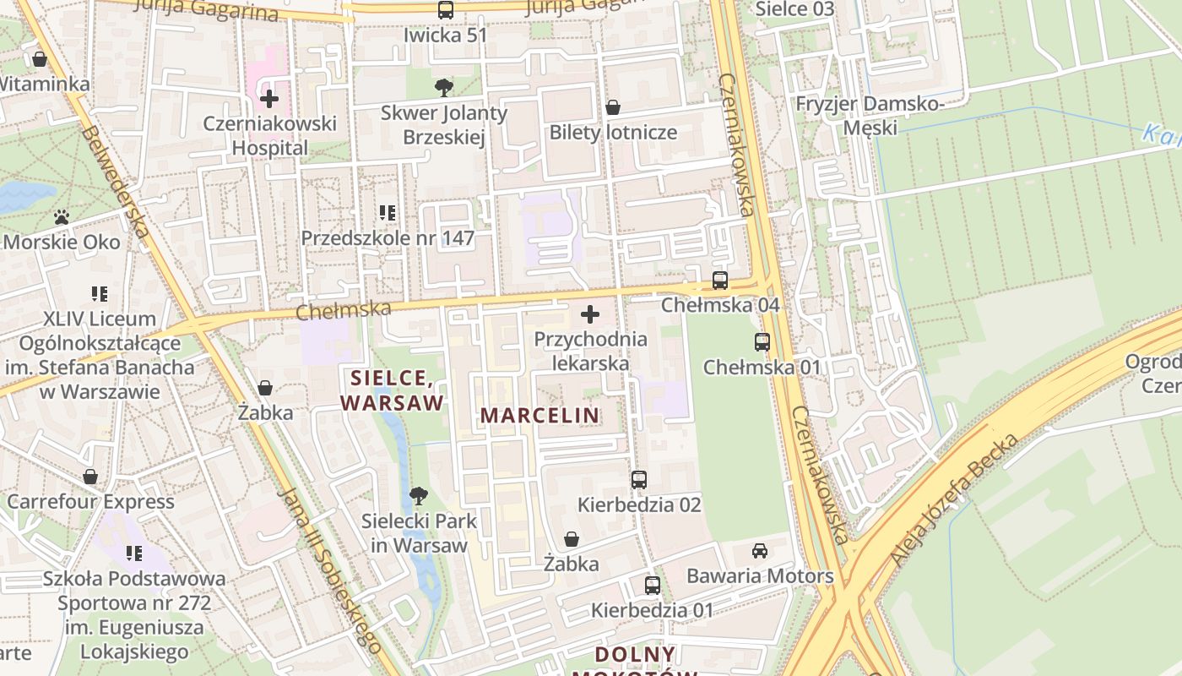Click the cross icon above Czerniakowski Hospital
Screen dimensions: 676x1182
click(x=269, y=99)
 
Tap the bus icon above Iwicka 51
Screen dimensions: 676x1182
click(x=445, y=10)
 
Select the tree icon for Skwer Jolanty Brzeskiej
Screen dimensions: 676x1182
click(x=443, y=87)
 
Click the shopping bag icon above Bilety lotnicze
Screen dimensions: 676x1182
click(x=613, y=107)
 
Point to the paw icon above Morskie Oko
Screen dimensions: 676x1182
click(x=61, y=217)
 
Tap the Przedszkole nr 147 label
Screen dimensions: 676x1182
click(x=388, y=238)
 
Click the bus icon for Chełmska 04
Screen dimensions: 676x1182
click(x=719, y=281)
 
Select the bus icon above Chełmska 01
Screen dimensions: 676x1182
click(x=762, y=342)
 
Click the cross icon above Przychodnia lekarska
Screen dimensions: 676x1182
click(x=590, y=315)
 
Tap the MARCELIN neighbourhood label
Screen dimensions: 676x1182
click(x=539, y=415)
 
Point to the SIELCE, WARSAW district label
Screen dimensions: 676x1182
click(x=392, y=389)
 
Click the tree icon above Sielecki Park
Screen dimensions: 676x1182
click(x=418, y=496)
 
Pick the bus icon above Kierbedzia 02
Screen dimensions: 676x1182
click(x=639, y=480)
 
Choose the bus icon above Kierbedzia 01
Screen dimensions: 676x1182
click(x=652, y=586)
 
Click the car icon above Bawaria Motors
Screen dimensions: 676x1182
click(x=760, y=551)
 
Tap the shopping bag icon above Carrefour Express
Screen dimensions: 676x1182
click(x=90, y=477)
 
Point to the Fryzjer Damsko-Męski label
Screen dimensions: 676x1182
click(x=870, y=116)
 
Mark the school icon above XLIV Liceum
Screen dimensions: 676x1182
click(x=100, y=294)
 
